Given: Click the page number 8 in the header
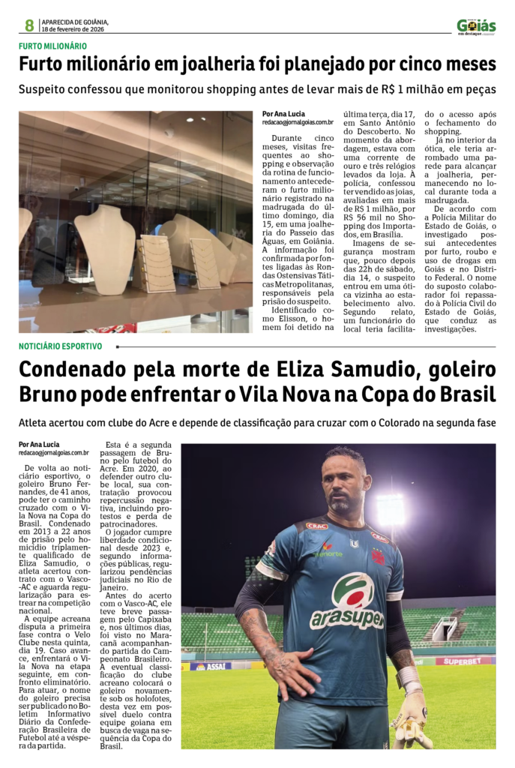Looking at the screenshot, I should click(29, 25).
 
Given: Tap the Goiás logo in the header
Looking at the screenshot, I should click(477, 26).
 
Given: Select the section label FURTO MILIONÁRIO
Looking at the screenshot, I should click(52, 46).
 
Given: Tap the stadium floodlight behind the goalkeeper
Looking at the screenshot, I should click(389, 511).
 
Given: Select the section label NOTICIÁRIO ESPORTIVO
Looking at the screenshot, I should click(61, 346).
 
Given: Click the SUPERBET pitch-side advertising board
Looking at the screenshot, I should click(465, 660).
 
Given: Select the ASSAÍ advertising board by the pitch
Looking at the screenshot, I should click(211, 665).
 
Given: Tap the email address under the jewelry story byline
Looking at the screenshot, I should click(298, 122).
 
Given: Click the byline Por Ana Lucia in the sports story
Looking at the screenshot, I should click(39, 444).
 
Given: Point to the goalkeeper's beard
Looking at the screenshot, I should click(341, 504).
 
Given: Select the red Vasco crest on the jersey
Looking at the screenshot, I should click(379, 556).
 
